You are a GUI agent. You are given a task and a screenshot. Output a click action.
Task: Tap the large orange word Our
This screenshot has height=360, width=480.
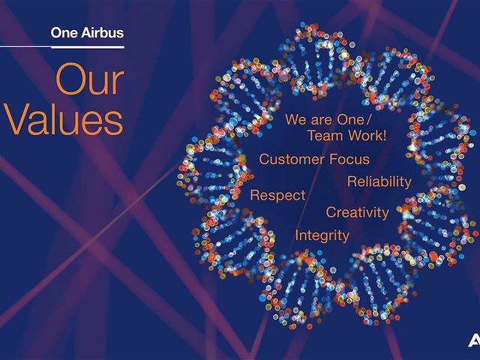point(90,79)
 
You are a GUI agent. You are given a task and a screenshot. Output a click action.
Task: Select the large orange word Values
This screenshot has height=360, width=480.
point(63,119)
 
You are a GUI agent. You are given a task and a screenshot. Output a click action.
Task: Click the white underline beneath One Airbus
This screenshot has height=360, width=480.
point(62,46)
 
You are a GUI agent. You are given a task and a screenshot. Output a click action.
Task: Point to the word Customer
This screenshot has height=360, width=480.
point(292,159)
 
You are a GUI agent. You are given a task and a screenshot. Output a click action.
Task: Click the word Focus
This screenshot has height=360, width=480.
point(349,159)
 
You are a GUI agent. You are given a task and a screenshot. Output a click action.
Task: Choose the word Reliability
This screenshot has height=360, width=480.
point(379,181)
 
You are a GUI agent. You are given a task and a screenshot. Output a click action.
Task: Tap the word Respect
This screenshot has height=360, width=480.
point(277,196)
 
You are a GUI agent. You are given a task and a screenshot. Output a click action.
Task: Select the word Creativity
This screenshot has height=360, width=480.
point(358,213)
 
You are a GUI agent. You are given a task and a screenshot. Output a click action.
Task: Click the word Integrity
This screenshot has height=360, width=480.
point(322,235)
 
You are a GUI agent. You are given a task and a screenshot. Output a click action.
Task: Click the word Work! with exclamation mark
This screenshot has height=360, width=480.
point(367,136)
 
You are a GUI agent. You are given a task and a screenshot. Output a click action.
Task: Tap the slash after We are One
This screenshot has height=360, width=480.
point(368,119)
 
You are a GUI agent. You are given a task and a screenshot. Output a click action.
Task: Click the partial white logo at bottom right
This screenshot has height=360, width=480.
point(474,340)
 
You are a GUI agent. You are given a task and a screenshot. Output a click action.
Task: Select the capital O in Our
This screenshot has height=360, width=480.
point(71,79)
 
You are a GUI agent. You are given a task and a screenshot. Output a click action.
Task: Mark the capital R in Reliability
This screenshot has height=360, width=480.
point(352,181)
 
